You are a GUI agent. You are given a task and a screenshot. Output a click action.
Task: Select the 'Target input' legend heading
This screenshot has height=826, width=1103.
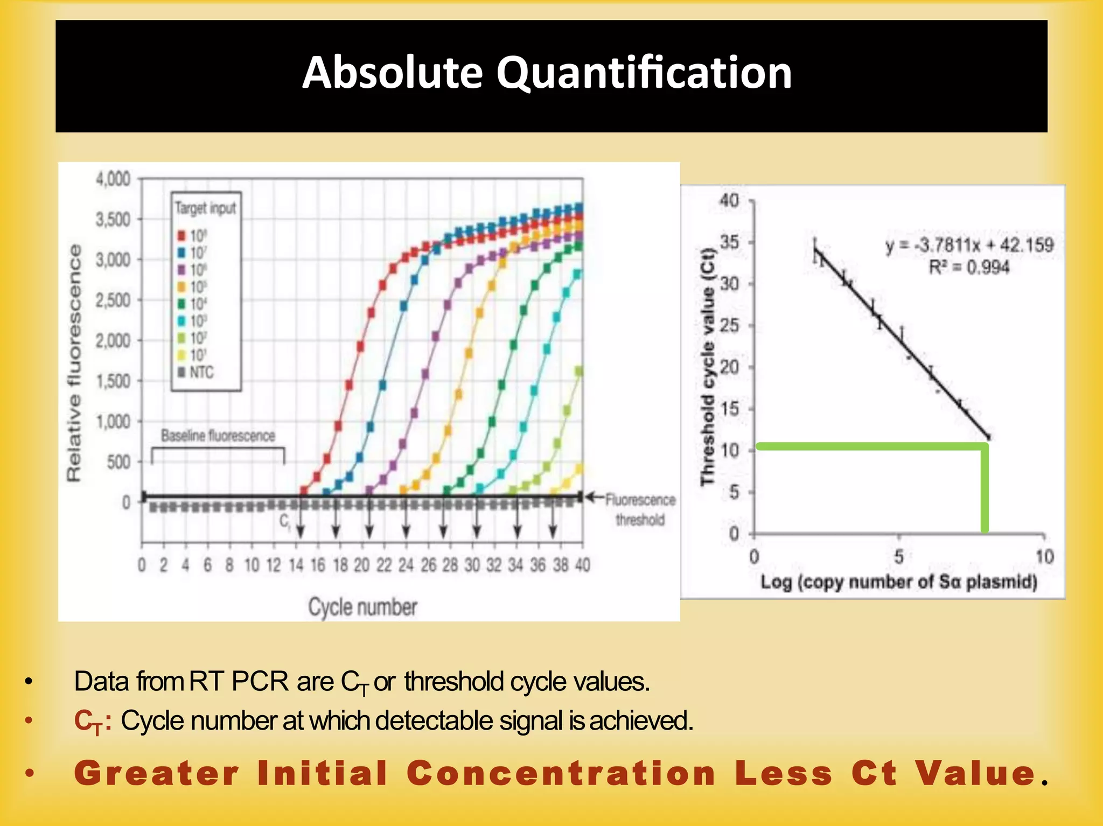tap(205, 208)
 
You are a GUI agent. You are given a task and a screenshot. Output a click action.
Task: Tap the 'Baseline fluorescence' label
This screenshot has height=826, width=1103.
tap(218, 436)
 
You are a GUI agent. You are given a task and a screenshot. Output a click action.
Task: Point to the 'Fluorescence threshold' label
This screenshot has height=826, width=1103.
tap(640, 509)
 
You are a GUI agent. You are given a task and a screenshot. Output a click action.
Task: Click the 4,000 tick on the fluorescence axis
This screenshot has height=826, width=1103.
tap(113, 179)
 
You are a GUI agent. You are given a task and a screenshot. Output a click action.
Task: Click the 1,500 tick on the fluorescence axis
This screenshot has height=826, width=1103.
tap(113, 381)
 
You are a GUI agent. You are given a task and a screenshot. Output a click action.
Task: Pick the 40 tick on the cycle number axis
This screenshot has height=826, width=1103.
tap(582, 565)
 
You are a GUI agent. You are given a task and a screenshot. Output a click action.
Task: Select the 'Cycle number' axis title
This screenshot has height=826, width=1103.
tap(362, 607)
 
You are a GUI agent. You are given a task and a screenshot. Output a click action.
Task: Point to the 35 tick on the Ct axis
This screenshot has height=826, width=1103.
tap(729, 242)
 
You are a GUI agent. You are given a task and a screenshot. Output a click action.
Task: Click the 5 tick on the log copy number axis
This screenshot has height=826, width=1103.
tap(899, 556)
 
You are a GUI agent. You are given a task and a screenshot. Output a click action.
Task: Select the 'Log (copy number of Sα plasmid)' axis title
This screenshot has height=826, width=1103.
tap(898, 582)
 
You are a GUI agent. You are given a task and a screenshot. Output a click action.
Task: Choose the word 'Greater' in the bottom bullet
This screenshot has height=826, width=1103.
tap(156, 773)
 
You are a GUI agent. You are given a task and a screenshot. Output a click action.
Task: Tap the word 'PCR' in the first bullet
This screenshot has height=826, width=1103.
tap(260, 682)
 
